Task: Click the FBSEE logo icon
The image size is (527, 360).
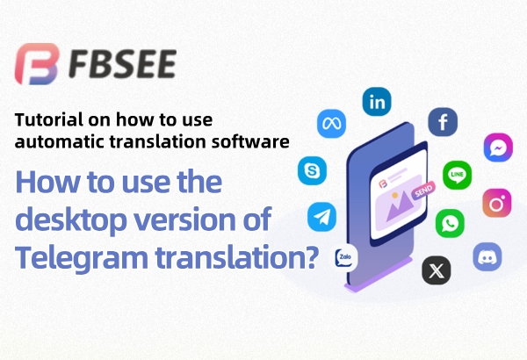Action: [x=37, y=63]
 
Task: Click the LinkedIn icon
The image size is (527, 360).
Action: [x=379, y=103]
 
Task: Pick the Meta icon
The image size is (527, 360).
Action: [x=332, y=124]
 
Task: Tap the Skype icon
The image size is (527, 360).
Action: [x=313, y=169]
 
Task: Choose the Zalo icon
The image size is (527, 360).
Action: [x=346, y=257]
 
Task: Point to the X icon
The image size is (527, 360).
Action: [x=437, y=270]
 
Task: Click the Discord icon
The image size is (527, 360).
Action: [x=487, y=256]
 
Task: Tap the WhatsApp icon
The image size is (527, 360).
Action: [x=451, y=223]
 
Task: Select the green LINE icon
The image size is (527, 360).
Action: [x=457, y=175]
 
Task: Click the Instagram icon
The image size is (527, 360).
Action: [x=498, y=205]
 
